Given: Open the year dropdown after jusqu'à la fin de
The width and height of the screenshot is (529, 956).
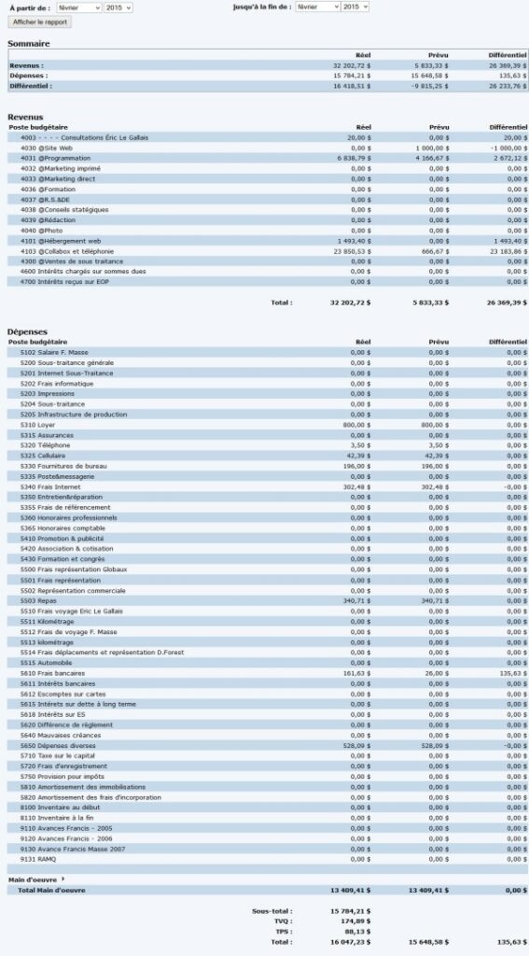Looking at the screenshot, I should tap(355, 7).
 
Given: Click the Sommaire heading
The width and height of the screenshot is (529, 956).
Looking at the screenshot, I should tap(29, 44).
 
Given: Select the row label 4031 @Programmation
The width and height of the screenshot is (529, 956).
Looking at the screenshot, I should tap(52, 158).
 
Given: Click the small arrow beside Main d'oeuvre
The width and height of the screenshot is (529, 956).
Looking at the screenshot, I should tap(63, 879).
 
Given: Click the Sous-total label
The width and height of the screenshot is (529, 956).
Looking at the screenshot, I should tap(271, 910).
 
